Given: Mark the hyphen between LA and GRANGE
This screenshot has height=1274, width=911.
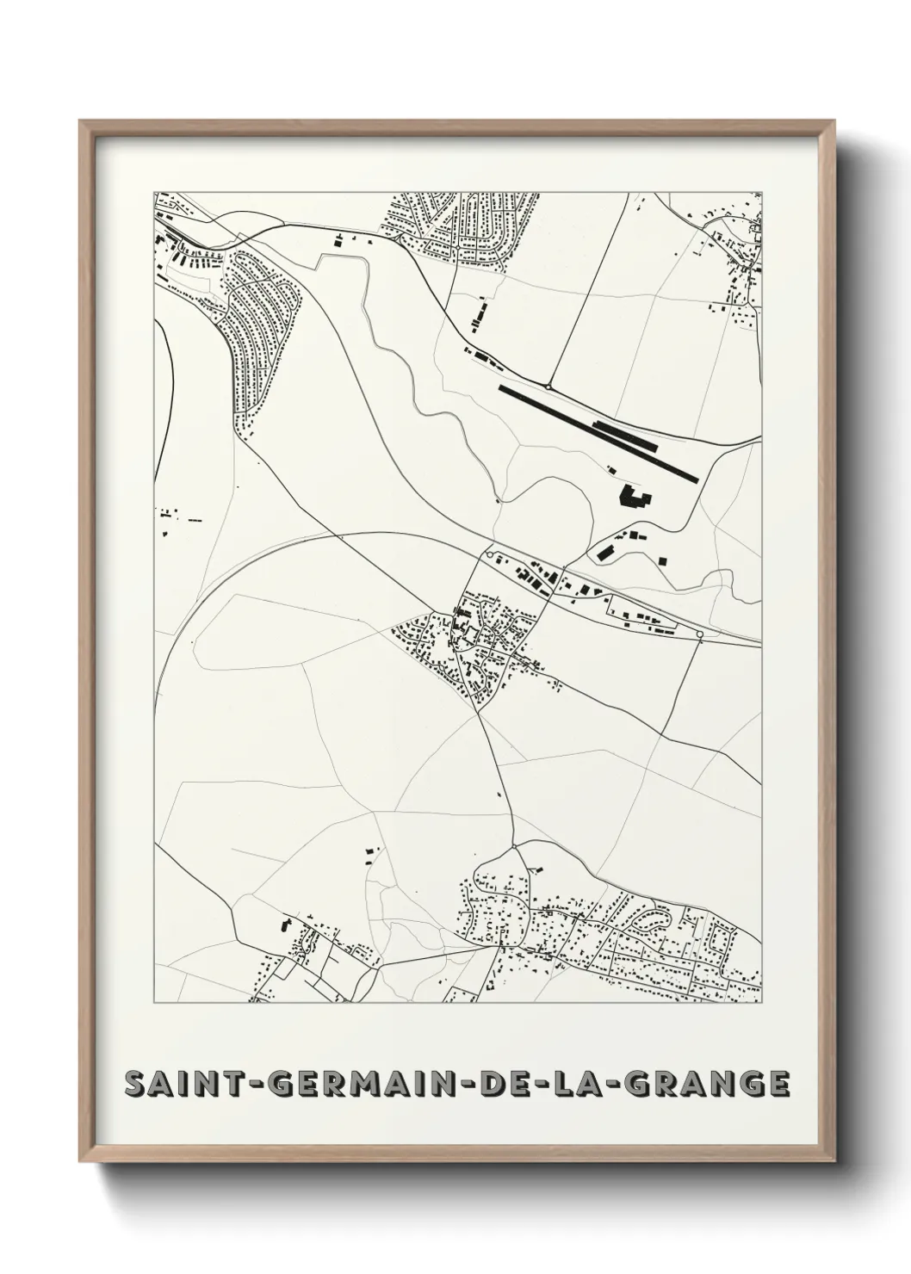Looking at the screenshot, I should (x=614, y=1085).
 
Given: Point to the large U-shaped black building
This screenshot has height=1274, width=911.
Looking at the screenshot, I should (x=635, y=498).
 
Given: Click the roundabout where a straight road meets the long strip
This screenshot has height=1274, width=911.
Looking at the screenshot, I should (x=548, y=387).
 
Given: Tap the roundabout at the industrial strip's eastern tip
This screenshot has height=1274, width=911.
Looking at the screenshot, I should (x=699, y=635).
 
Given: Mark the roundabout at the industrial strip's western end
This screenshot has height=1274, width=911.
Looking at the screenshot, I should (x=489, y=556).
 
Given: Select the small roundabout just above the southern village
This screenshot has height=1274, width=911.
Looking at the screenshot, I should (x=514, y=847).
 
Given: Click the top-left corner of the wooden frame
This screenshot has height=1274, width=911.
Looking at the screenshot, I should (x=81, y=121).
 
